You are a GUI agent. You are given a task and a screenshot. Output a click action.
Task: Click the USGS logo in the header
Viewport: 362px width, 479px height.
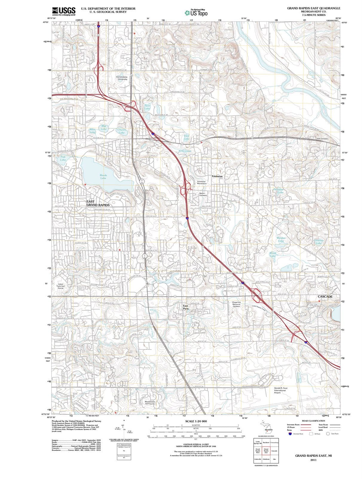point(63,11)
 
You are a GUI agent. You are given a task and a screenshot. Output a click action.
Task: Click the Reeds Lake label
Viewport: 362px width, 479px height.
point(103,177)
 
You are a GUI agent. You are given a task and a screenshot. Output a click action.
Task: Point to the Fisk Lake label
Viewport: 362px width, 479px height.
point(63,158)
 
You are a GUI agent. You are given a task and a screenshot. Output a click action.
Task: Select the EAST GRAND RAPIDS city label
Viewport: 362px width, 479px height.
point(98,203)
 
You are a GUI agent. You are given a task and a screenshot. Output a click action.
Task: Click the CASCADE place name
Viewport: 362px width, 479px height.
point(325,296)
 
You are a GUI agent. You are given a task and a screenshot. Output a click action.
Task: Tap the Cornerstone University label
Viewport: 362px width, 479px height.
point(122,78)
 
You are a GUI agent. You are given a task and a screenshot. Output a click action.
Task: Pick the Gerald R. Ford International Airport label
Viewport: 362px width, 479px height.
point(280,390)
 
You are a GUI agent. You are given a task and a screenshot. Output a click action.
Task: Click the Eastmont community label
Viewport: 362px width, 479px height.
point(217,176)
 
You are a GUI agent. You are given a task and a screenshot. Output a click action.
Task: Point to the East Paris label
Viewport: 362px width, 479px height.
point(186,307)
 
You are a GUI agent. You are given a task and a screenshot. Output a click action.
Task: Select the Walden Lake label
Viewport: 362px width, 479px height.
point(281,239)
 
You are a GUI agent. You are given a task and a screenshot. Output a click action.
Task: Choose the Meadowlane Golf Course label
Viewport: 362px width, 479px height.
point(150,403)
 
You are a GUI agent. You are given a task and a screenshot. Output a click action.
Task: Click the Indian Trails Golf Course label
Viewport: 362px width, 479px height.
point(60,286)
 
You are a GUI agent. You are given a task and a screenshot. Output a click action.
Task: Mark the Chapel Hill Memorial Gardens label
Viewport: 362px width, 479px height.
point(236,304)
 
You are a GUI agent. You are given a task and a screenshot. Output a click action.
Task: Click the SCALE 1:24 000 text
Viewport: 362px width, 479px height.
point(196,421)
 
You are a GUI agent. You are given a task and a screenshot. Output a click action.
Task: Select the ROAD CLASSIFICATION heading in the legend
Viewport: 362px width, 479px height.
point(313,421)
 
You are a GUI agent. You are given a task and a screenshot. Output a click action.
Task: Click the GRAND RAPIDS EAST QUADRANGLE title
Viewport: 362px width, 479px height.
point(314,8)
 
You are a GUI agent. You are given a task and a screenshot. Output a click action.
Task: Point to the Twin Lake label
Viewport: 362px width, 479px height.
point(147,107)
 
